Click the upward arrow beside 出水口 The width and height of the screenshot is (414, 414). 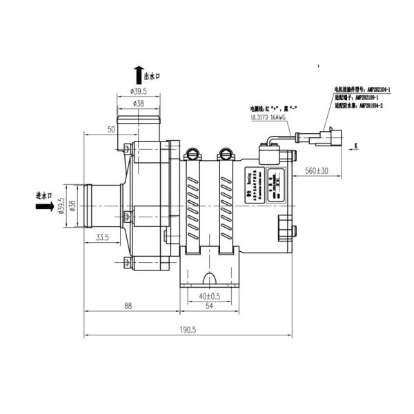point(139,75)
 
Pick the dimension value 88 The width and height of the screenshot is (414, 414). point(128,306)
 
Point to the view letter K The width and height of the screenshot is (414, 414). point(357,145)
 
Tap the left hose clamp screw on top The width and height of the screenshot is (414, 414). point(193,153)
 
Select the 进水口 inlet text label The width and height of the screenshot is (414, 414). point(46,197)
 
